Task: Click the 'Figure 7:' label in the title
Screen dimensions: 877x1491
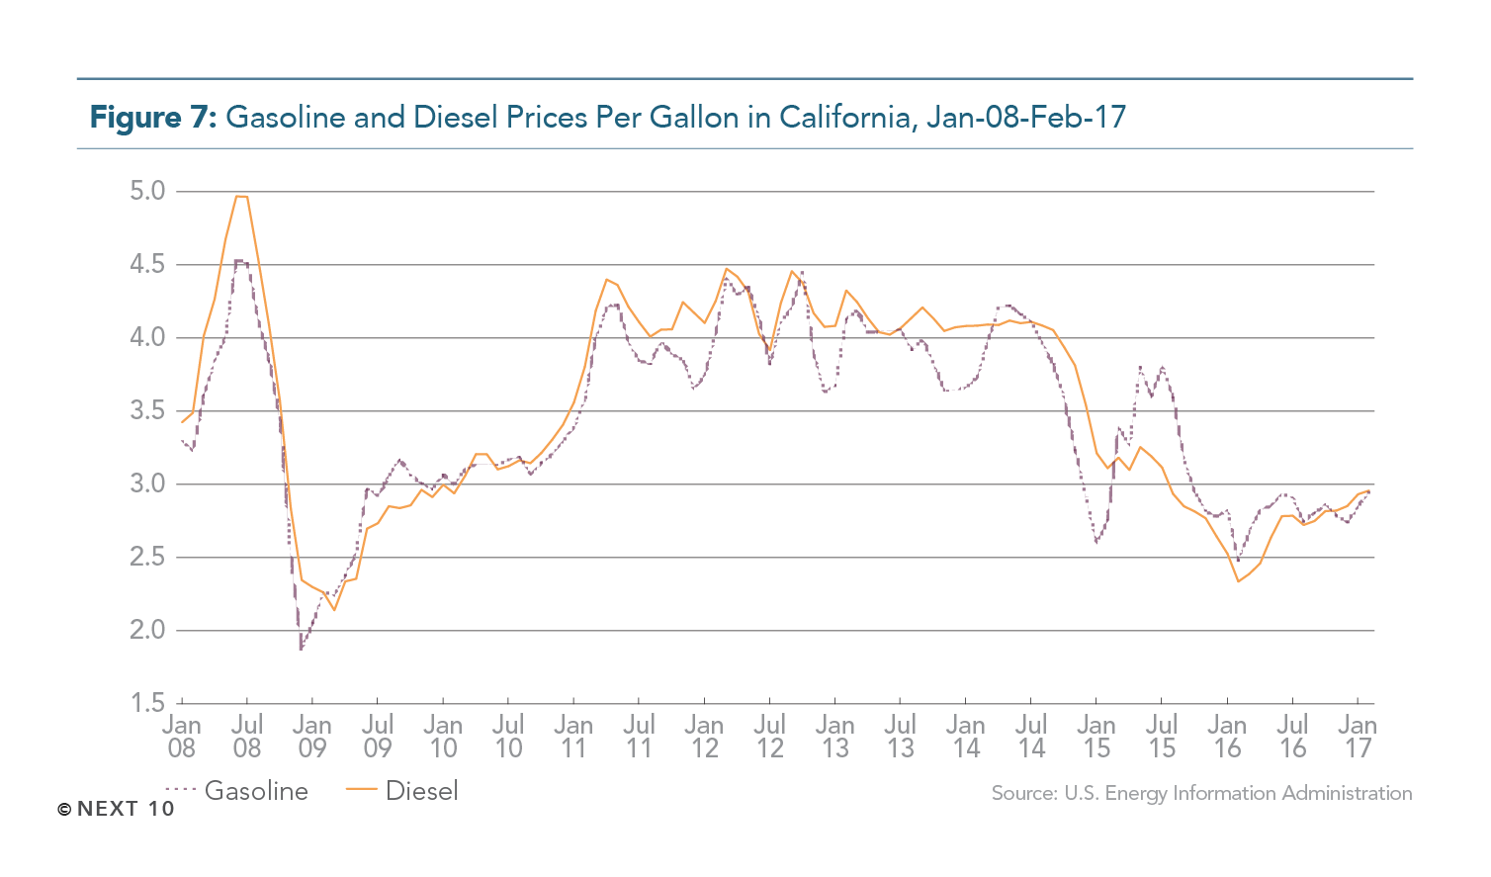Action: tap(152, 118)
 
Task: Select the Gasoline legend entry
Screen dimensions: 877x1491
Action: tap(237, 791)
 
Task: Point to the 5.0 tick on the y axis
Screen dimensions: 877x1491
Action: tap(148, 191)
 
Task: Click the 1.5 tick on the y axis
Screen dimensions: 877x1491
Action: tap(148, 703)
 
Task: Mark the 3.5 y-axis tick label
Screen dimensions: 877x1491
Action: tap(148, 410)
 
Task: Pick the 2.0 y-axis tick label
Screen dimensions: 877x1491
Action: tap(148, 630)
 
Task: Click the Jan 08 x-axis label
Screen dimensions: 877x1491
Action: tap(182, 737)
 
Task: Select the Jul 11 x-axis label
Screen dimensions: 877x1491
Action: tap(639, 737)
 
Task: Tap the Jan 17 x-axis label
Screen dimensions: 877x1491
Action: tap(1358, 737)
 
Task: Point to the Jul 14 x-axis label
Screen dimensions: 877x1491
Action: tap(1031, 737)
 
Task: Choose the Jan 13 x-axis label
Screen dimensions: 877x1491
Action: tap(835, 737)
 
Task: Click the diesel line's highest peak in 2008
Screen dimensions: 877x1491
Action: tap(241, 197)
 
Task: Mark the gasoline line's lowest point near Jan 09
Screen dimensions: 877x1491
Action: tap(302, 649)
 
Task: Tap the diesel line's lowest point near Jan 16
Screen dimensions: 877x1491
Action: tap(1238, 580)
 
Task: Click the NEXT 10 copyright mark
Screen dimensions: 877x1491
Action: tap(116, 809)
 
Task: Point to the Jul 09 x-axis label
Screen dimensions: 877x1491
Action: tap(378, 737)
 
